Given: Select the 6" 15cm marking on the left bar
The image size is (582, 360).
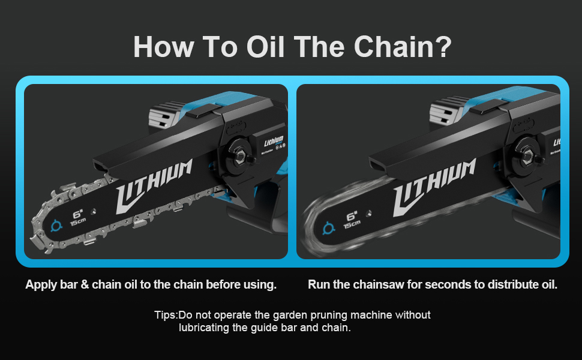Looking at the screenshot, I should pyautogui.click(x=77, y=217).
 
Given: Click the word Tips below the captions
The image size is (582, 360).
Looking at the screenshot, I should pyautogui.click(x=165, y=314).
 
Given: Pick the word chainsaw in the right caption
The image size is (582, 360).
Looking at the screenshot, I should pyautogui.click(x=379, y=284).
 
